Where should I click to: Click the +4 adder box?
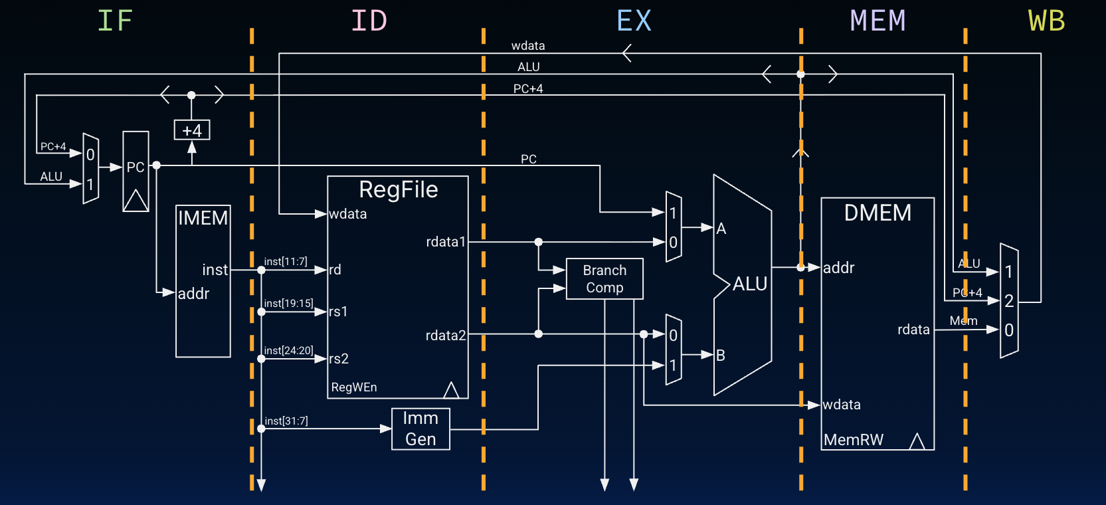[x=192, y=130]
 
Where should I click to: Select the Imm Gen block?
[x=420, y=429]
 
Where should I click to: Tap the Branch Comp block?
[x=604, y=279]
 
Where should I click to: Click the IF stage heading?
[x=115, y=21]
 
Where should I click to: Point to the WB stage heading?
[x=1046, y=21]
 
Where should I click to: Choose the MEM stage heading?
[x=877, y=21]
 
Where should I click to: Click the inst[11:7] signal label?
[x=286, y=262]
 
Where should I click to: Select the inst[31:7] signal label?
[x=286, y=421]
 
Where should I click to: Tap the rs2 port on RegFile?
[x=339, y=359]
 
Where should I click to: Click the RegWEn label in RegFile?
[x=354, y=387]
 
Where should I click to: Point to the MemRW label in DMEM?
[x=854, y=440]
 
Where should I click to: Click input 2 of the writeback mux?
[x=1009, y=301]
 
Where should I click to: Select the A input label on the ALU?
[x=721, y=229]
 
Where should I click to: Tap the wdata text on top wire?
[x=528, y=46]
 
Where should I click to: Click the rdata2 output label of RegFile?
[x=446, y=336]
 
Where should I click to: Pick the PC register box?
[x=136, y=171]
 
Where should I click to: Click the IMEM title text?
[x=203, y=218]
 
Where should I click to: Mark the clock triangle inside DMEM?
[x=917, y=441]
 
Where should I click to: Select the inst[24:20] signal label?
[x=288, y=350]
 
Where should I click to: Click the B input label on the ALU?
[x=721, y=355]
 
